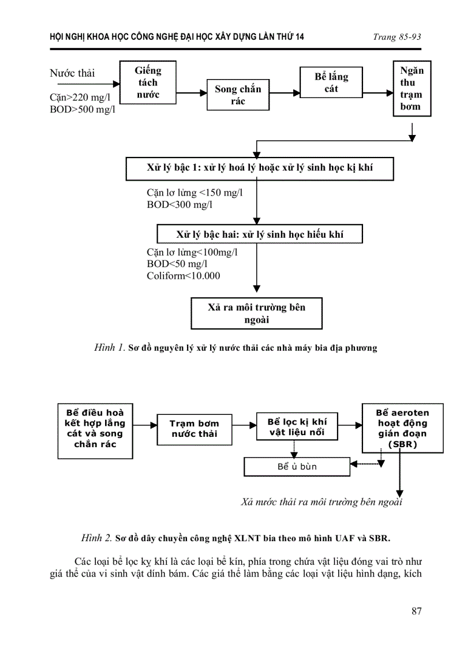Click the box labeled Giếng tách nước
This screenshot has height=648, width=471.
pyautogui.click(x=148, y=83)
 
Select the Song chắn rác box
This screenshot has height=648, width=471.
pyautogui.click(x=238, y=95)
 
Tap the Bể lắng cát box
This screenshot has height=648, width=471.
pyautogui.click(x=331, y=83)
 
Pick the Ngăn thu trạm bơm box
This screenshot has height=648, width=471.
pyautogui.click(x=412, y=88)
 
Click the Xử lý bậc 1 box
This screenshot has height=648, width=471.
pyautogui.click(x=260, y=168)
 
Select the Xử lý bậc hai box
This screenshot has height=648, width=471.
pyautogui.click(x=260, y=234)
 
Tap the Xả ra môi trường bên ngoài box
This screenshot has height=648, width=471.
pyautogui.click(x=256, y=313)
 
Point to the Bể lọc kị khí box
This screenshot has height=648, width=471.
pyautogui.click(x=297, y=426)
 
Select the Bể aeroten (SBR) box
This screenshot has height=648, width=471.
pyautogui.click(x=402, y=429)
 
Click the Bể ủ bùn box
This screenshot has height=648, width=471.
pyautogui.click(x=297, y=466)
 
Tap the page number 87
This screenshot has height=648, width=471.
pyautogui.click(x=416, y=611)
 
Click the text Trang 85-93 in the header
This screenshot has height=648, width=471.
pyautogui.click(x=397, y=37)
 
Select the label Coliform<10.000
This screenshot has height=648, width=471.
pyautogui.click(x=184, y=276)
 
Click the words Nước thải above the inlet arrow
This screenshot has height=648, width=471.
pyautogui.click(x=72, y=73)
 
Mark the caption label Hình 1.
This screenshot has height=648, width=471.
pyautogui.click(x=109, y=348)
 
